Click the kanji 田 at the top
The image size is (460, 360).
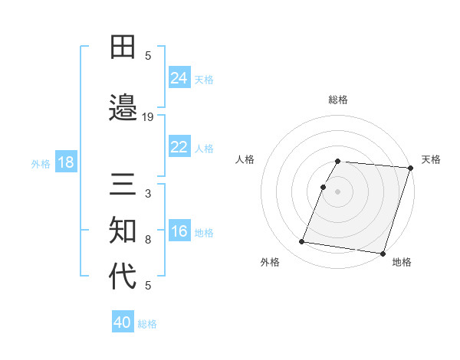tap(123, 47)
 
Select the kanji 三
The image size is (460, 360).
tap(123, 185)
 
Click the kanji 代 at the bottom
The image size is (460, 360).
tap(123, 276)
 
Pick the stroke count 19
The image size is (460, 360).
tap(148, 117)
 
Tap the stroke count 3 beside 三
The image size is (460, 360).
tap(148, 195)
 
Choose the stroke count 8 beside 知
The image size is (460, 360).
tap(148, 240)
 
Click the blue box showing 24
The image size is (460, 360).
tap(179, 78)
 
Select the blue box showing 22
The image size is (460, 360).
tap(179, 147)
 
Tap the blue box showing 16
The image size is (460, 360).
tap(179, 232)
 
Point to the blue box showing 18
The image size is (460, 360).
tap(65, 163)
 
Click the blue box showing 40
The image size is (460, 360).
tap(123, 322)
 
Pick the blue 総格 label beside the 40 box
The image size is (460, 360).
tap(147, 324)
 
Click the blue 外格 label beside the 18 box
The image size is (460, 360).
tap(41, 164)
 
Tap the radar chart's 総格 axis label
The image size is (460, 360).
tap(338, 100)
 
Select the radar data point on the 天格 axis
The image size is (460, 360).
tap(410, 169)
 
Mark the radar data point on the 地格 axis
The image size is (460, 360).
tap(383, 253)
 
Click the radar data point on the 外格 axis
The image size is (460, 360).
tap(302, 242)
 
